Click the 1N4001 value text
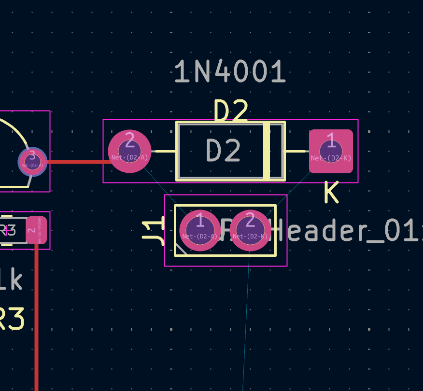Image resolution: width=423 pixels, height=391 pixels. pyautogui.click(x=230, y=72)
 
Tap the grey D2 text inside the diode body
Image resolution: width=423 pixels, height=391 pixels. pyautogui.click(x=223, y=151)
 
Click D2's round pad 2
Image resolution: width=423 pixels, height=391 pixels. pyautogui.click(x=129, y=151)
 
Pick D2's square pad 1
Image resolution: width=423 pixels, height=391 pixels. pyautogui.click(x=331, y=151)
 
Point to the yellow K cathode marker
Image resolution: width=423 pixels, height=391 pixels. pyautogui.click(x=331, y=193)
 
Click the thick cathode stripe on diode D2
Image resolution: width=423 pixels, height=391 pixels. pyautogui.click(x=267, y=151)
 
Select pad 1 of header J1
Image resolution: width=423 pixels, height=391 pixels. pyautogui.click(x=200, y=230)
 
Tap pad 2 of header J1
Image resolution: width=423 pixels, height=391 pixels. pyautogui.click(x=250, y=230)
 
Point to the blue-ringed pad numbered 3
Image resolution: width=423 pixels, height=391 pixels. pyautogui.click(x=32, y=161)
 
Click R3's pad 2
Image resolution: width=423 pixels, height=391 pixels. pyautogui.click(x=36, y=230)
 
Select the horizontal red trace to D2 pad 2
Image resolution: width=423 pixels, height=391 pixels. pyautogui.click(x=77, y=162)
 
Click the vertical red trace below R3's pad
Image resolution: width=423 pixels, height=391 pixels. pyautogui.click(x=36, y=314)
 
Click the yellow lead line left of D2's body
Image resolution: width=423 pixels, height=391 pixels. pyautogui.click(x=164, y=151)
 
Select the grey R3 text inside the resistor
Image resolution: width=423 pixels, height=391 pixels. pyautogui.click(x=8, y=231)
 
